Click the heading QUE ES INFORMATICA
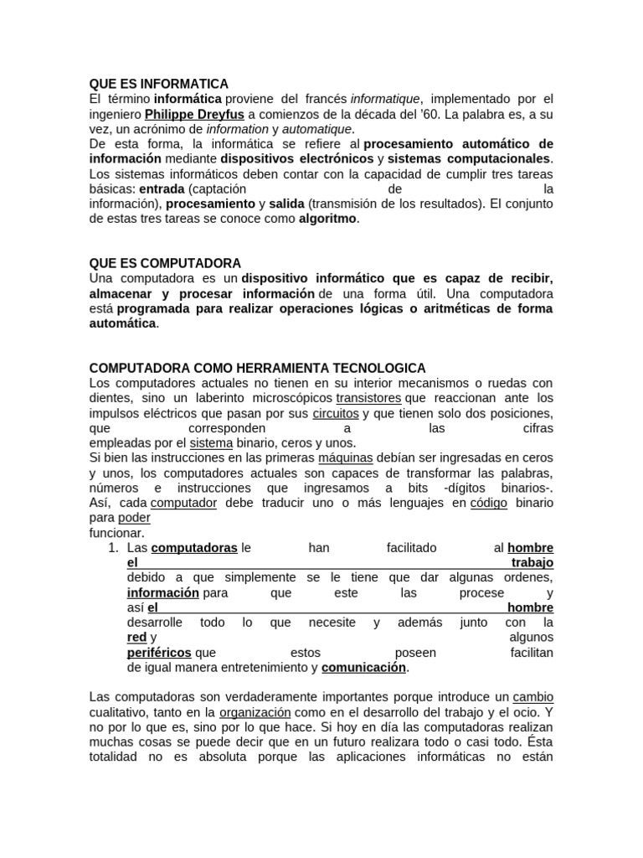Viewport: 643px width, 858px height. click(x=158, y=84)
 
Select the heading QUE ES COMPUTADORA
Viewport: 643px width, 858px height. click(x=165, y=263)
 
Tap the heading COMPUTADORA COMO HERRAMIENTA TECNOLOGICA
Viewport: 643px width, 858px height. click(x=257, y=369)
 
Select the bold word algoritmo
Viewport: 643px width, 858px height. click(x=328, y=219)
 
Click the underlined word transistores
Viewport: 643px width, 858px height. click(x=368, y=398)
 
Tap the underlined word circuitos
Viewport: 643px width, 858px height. click(x=336, y=413)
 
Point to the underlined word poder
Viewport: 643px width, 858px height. click(x=135, y=518)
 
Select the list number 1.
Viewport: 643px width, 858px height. click(x=114, y=547)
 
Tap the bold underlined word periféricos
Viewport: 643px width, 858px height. click(x=159, y=653)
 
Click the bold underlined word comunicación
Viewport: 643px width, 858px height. click(x=364, y=668)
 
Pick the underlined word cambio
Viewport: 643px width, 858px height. click(x=532, y=697)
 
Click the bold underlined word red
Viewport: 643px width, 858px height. click(x=136, y=638)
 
